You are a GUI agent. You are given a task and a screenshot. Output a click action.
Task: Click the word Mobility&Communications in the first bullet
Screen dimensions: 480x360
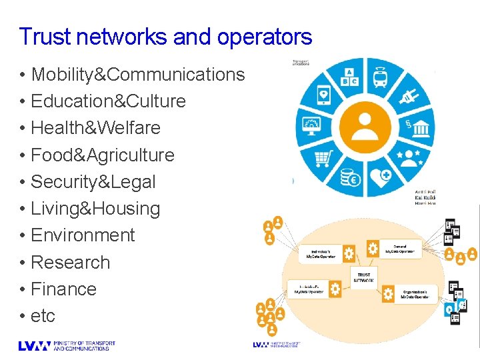tap(138, 75)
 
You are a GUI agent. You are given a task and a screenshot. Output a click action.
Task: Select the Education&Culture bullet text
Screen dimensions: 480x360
tap(108, 101)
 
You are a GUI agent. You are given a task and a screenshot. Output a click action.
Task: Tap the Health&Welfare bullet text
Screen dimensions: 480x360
tap(95, 128)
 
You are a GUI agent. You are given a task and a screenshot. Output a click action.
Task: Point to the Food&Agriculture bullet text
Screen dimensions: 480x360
tap(103, 155)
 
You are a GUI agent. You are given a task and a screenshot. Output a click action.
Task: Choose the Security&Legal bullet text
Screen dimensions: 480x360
tap(93, 182)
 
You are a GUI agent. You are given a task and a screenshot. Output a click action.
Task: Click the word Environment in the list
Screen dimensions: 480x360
tap(83, 235)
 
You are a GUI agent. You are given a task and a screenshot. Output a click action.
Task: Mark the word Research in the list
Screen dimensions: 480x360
tap(70, 263)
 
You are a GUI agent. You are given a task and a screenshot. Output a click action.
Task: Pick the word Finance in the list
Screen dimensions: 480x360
tap(63, 289)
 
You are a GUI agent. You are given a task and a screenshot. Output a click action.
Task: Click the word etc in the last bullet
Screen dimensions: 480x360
tap(43, 316)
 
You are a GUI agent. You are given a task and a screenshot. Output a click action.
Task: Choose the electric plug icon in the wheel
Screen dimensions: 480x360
tap(407, 97)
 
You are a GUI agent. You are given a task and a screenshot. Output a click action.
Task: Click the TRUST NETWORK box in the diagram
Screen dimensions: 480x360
tap(364, 278)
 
